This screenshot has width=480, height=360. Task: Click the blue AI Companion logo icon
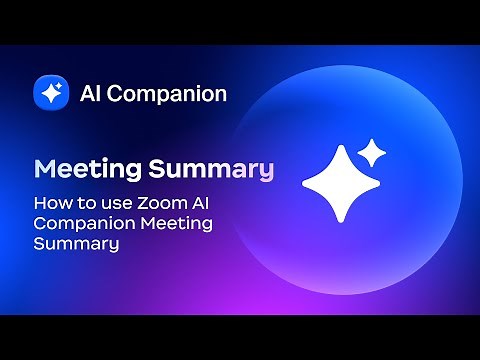50,94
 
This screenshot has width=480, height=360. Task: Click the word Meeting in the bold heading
81,168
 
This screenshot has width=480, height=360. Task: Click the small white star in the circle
372,153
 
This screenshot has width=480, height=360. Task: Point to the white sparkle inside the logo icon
50,94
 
